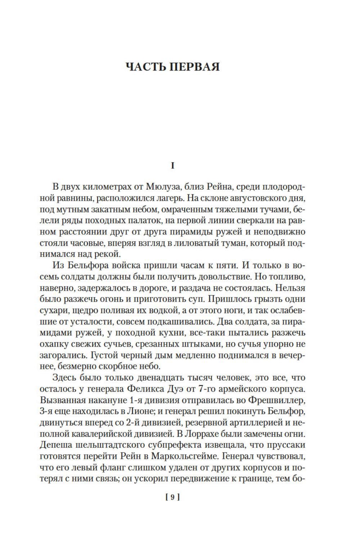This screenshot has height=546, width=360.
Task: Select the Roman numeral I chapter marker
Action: pyautogui.click(x=172, y=166)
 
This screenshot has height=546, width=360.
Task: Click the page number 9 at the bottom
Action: pyautogui.click(x=172, y=497)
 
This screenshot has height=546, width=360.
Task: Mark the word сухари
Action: pyautogui.click(x=52, y=310)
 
